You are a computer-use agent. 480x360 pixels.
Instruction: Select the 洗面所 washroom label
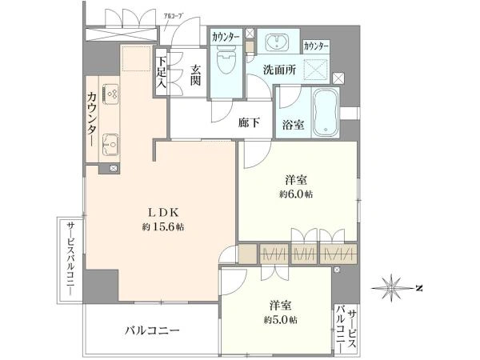[280, 70]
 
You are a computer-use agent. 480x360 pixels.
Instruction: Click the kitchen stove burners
[111, 94]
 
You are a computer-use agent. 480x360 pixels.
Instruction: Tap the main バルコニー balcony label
[151, 330]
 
